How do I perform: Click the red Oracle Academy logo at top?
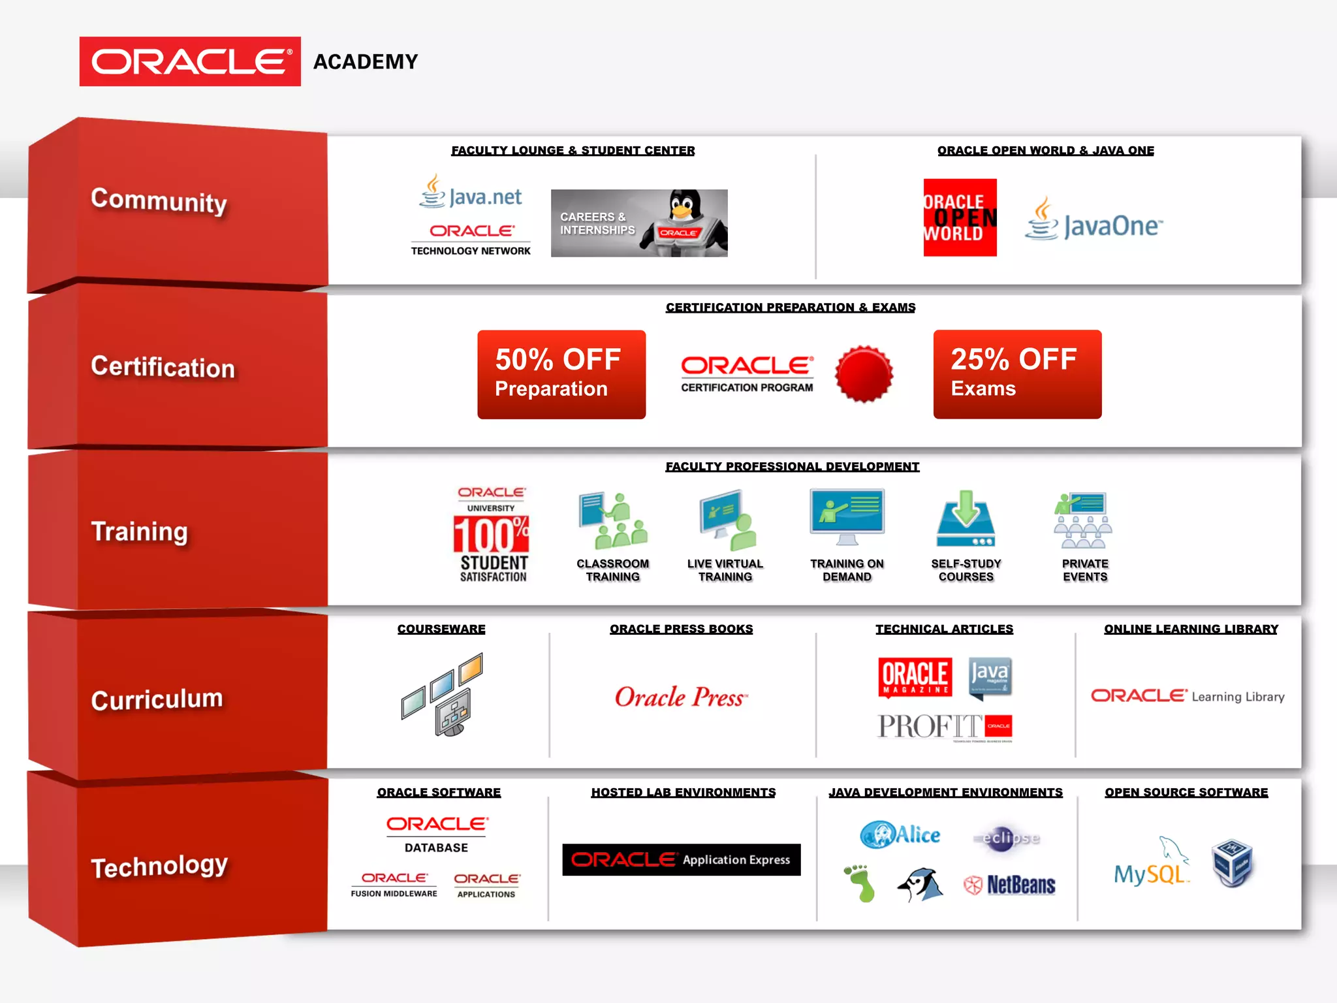190,61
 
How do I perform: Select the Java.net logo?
471,194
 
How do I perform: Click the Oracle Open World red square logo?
960,217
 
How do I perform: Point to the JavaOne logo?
1094,222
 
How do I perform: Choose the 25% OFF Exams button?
1017,374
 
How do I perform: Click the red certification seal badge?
864,374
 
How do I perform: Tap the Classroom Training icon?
612,521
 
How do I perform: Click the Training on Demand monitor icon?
847,517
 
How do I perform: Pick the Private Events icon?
1084,520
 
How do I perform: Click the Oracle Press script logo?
681,697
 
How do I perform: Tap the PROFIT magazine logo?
944,726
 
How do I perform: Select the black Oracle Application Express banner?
681,860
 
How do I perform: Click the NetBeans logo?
1010,885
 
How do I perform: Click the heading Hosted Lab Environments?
684,792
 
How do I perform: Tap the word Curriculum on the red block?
157,699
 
